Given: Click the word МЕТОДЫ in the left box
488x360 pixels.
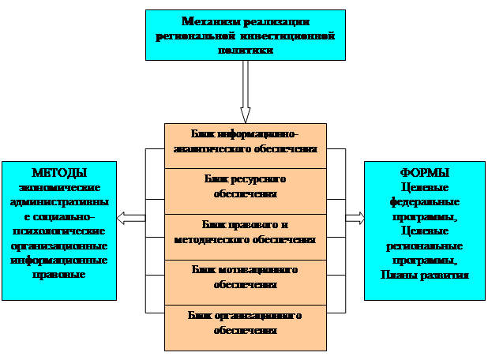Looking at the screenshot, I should [59, 173].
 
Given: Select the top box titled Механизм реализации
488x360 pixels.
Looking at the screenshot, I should [246, 36].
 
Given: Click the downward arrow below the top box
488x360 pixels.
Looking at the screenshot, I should [246, 91].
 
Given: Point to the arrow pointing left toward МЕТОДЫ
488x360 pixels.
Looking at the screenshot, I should [132, 218].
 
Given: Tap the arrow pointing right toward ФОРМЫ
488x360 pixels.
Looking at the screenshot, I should [355, 218].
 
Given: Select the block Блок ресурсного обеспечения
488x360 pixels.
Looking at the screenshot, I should [245, 186].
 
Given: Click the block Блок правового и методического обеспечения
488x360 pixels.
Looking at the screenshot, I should [245, 232].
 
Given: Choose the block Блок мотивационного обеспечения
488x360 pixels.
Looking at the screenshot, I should [245, 276].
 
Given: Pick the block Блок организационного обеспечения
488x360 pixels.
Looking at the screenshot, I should [245, 322].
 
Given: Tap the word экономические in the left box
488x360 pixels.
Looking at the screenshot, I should [59, 187].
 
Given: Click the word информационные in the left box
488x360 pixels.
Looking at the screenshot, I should [59, 261].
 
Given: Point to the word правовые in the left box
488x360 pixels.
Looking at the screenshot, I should [59, 274].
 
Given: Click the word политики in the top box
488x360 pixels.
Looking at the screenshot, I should [245, 50].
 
